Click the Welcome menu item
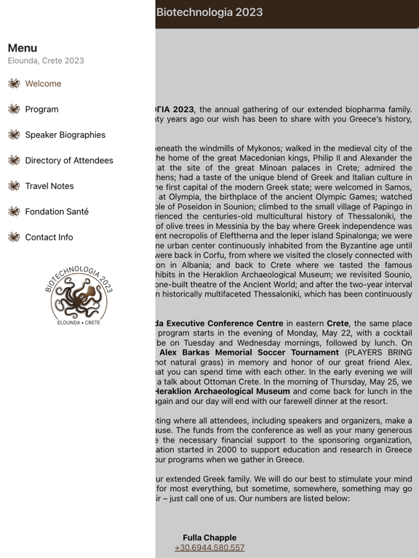[43, 84]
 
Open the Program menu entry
[41, 109]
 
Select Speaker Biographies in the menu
[65, 134]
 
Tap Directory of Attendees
[69, 161]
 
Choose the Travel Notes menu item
[49, 186]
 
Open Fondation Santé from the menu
[57, 211]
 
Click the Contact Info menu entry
[49, 237]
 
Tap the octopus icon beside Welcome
[14, 84]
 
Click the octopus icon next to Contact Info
[14, 237]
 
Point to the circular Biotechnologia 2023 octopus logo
[78, 295]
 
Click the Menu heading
[23, 48]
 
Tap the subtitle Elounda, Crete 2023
[46, 61]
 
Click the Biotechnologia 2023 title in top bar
[209, 12]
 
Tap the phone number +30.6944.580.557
[209, 548]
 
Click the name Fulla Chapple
[209, 538]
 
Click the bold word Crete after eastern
[338, 323]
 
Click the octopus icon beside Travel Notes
[14, 186]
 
